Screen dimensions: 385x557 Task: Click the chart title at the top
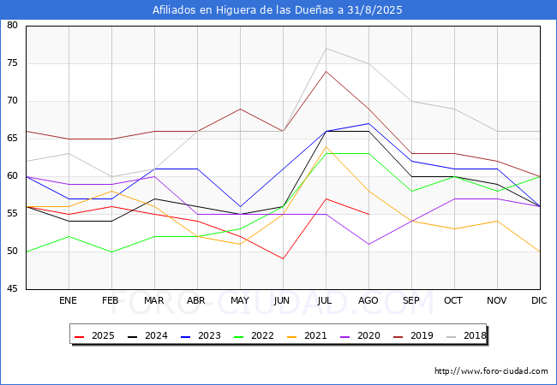[x=278, y=10]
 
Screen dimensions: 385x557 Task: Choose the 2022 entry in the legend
[x=256, y=335]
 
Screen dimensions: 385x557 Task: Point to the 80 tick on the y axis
[x=13, y=26]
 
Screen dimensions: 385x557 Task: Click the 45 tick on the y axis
[x=13, y=289]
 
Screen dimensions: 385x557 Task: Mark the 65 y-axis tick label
[x=13, y=139]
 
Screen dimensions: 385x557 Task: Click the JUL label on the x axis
[x=326, y=300]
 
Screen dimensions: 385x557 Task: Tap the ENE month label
[x=69, y=300]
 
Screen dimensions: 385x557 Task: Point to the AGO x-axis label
[x=368, y=300]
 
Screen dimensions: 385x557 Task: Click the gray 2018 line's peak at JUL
[x=326, y=48]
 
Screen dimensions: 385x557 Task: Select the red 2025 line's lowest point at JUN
[x=283, y=258]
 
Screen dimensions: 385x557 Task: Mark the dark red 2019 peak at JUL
[x=326, y=71]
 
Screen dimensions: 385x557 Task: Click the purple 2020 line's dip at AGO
[x=368, y=244]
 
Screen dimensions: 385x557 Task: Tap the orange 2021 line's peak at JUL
[x=326, y=146]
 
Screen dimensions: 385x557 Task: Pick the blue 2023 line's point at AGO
[x=368, y=123]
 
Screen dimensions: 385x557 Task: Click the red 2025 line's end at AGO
[x=368, y=214]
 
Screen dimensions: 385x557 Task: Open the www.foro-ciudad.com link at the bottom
[x=491, y=371]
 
